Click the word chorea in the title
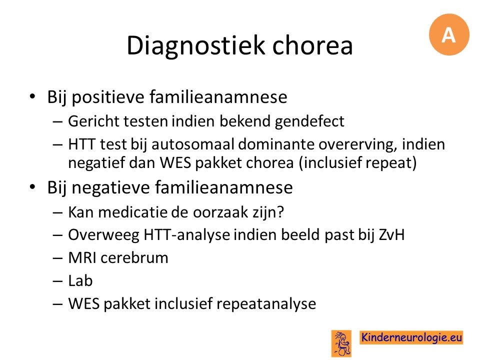point(312,45)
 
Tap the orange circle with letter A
point(449,34)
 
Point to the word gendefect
point(309,121)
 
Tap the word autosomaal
point(193,144)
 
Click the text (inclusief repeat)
point(357,162)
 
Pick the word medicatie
point(128,212)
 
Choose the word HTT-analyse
point(186,235)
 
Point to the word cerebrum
point(134,258)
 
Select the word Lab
point(80,280)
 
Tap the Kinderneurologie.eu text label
point(411,337)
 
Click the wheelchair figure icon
point(341,343)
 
